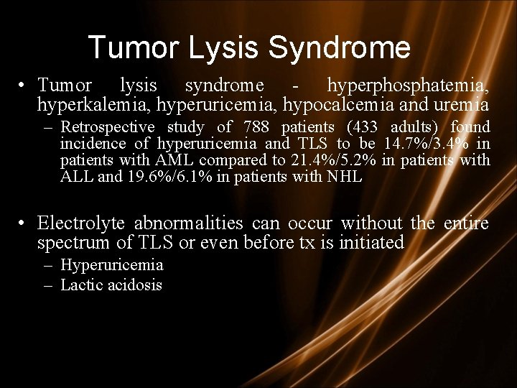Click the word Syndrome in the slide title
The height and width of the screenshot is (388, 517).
[340, 48]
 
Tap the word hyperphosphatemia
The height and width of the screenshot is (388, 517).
[408, 86]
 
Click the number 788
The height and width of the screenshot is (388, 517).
[257, 127]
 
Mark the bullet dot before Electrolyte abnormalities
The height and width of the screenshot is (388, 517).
[24, 223]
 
